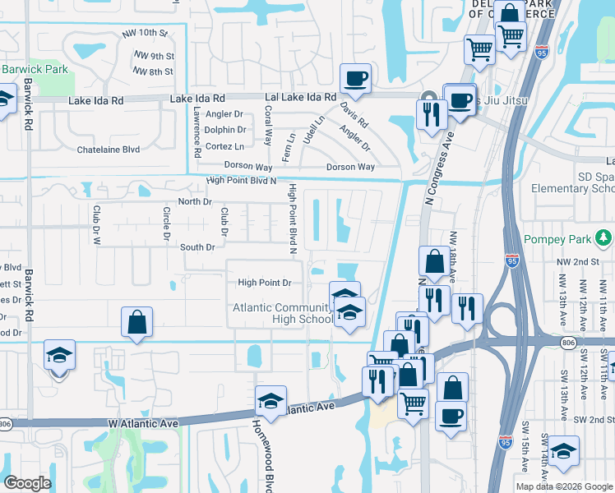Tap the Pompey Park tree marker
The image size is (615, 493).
pos(605,238)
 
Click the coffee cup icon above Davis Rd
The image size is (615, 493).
pos(355,79)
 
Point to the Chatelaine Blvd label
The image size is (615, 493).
pos(108,150)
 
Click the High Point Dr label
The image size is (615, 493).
pos(265,283)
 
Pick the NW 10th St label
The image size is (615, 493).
pos(144,33)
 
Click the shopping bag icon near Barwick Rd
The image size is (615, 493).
pos(137,322)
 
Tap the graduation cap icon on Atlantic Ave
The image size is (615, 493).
pos(271,400)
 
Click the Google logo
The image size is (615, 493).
pos(27,483)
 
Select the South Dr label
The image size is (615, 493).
pos(197,246)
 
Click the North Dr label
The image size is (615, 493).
pos(195,202)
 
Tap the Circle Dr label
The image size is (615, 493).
pos(166,223)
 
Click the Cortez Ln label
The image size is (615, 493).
pos(224,146)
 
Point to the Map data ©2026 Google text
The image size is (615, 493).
pos(563,486)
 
